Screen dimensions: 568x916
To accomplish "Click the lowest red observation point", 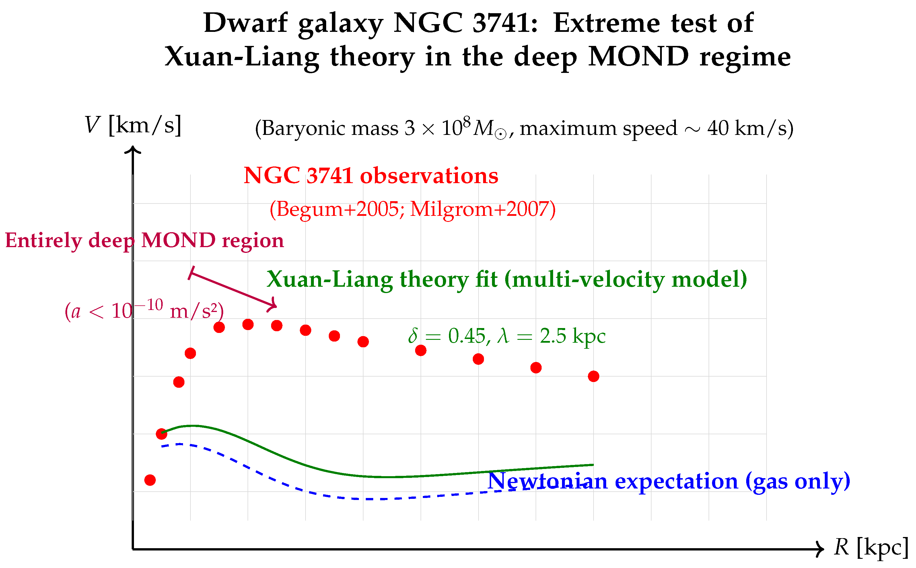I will click(150, 480).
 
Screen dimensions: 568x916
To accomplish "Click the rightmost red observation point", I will click(594, 376).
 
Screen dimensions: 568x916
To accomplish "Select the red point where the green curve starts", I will click(162, 434).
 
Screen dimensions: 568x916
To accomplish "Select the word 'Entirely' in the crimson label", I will click(43, 241).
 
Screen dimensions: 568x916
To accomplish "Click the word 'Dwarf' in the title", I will click(246, 23).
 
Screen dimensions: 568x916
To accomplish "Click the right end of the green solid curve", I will click(592, 465).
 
